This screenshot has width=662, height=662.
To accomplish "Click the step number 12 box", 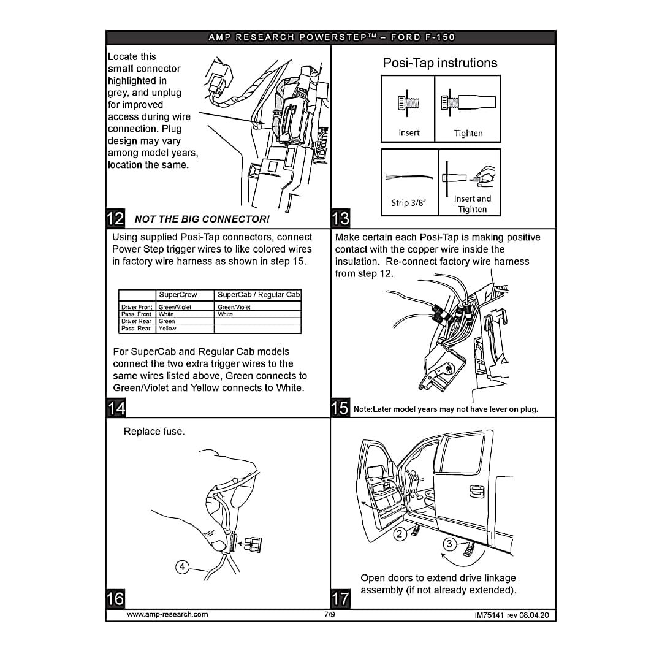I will point(115,218).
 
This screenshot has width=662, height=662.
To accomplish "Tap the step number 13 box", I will point(340,218).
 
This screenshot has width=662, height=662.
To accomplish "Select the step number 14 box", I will point(115,408).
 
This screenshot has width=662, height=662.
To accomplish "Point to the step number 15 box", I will point(340,408).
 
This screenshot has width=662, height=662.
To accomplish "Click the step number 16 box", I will point(115,598).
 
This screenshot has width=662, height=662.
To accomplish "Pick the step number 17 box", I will point(340,598).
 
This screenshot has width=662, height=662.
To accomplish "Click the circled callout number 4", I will point(182,567).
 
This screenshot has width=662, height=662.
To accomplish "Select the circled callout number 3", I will point(449,544).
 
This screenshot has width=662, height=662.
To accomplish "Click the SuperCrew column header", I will point(178,295).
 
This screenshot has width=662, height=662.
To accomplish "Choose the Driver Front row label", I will point(137,307).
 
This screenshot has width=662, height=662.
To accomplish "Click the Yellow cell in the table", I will point(167,329).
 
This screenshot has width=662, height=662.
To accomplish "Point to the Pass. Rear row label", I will point(136,329).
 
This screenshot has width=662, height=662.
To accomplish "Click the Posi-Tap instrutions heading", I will point(440,63).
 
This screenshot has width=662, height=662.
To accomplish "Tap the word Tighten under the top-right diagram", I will point(468,133).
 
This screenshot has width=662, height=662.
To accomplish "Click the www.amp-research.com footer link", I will point(167,614).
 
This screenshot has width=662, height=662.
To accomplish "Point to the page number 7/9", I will point(330,614).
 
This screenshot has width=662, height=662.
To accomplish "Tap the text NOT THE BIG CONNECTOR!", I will point(202,219).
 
